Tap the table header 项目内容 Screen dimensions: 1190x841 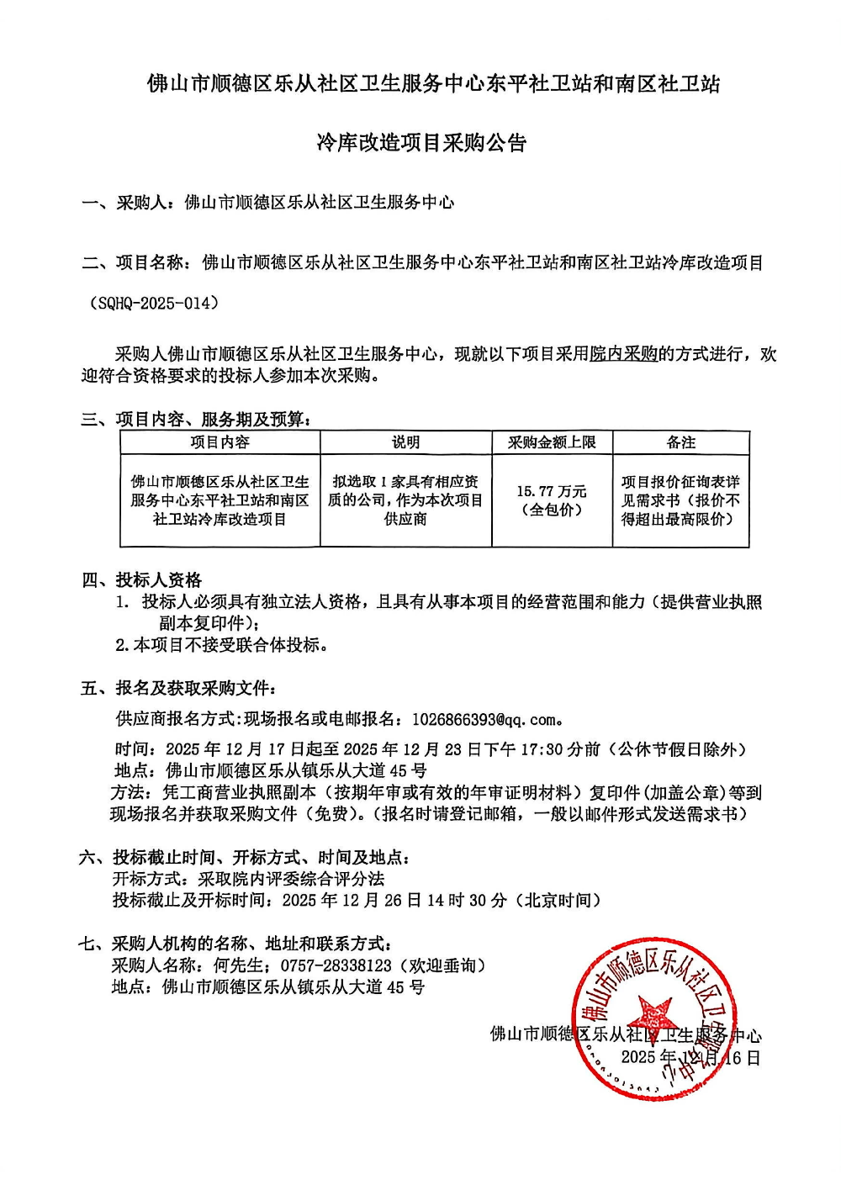(x=220, y=442)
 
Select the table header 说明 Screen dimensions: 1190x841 (x=405, y=442)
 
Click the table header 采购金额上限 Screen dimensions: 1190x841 (x=552, y=442)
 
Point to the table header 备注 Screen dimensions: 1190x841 (x=680, y=442)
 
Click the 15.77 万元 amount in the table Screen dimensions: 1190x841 (x=552, y=491)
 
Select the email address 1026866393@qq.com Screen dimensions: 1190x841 (x=484, y=719)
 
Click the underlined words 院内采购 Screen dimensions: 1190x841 (x=623, y=354)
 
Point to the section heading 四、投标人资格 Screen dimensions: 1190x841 (x=141, y=580)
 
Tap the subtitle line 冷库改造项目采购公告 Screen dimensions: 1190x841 (x=421, y=143)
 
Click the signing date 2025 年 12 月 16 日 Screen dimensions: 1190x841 (x=690, y=1058)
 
